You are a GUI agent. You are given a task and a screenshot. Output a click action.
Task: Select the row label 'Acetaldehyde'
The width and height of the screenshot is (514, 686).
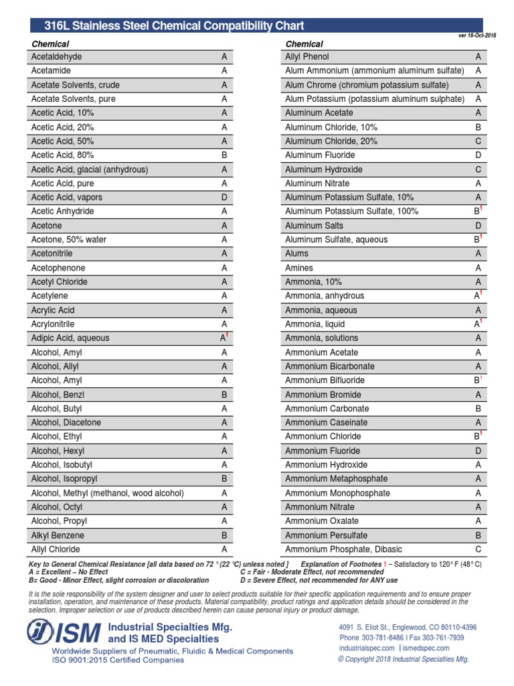(56, 57)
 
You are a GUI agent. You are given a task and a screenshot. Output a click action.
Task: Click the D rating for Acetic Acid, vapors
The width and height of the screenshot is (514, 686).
(224, 198)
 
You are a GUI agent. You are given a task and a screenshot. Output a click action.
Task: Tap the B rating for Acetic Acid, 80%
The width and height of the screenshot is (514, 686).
(224, 155)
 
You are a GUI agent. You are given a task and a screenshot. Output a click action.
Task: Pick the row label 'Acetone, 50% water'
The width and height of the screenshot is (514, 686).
(68, 240)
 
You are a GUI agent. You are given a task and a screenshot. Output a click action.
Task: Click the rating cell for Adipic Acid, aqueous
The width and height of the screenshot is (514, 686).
(225, 338)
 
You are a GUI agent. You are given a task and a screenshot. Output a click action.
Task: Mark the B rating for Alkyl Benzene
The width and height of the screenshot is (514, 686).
(224, 535)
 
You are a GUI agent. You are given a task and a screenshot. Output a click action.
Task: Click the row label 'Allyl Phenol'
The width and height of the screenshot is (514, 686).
(307, 57)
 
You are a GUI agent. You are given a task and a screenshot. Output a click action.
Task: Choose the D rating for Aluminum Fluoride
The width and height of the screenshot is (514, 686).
(479, 155)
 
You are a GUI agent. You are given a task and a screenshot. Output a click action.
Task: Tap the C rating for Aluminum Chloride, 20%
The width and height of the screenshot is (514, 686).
(479, 141)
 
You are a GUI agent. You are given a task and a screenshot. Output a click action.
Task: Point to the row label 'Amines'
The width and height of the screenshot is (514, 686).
(299, 268)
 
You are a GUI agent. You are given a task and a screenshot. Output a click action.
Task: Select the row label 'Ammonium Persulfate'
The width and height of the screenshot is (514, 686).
(326, 535)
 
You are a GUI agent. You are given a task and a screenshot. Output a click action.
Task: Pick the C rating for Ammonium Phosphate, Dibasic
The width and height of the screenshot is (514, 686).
(479, 549)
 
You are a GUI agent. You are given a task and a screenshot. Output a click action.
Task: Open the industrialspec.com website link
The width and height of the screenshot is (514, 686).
(367, 648)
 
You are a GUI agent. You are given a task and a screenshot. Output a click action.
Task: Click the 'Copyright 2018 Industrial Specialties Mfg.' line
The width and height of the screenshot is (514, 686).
(404, 659)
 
